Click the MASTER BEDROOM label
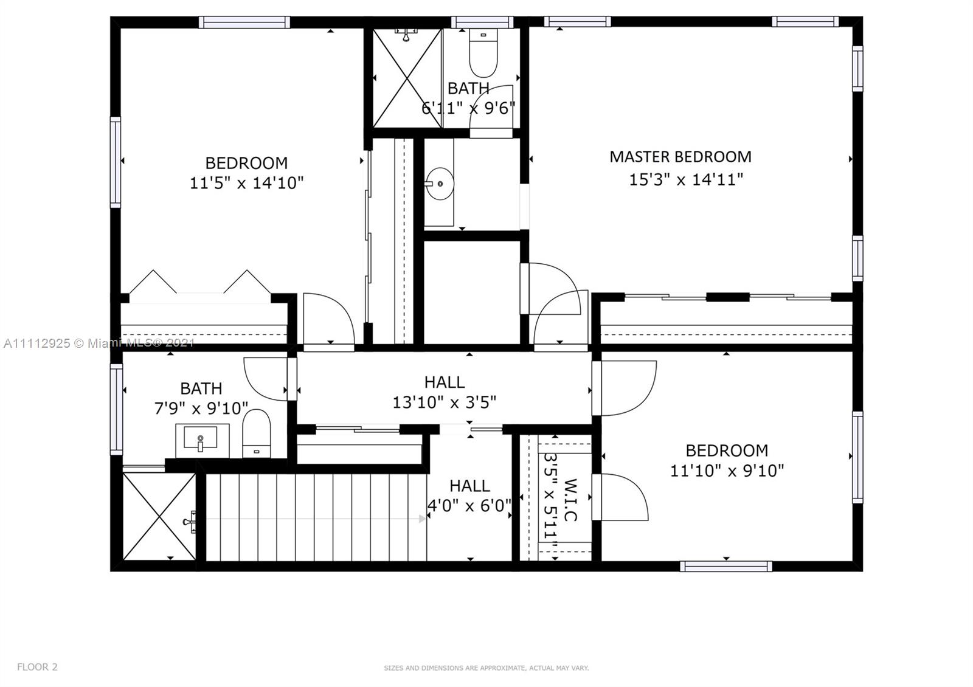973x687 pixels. coord(680,157)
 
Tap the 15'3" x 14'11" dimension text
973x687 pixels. coord(686,179)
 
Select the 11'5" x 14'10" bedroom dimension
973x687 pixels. coord(246,183)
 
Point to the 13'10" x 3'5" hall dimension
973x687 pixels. coord(444,402)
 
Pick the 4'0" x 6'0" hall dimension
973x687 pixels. coord(469,505)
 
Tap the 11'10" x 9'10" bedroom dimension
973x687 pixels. coord(727,471)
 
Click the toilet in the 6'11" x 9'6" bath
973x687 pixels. coord(483,54)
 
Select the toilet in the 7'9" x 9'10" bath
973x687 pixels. coord(256,433)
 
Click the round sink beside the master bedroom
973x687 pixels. coord(440,184)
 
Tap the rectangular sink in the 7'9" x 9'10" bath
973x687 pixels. coord(200,438)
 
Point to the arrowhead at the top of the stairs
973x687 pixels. coord(422,519)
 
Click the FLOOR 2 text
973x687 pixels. coord(37,666)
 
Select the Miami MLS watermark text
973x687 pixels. coord(99,343)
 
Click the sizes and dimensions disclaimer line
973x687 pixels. coord(486,668)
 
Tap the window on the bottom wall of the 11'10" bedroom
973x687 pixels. coord(726,566)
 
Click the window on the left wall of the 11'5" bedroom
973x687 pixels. coord(116,162)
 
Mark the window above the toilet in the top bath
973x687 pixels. coord(482,22)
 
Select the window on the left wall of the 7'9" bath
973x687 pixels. coord(116,410)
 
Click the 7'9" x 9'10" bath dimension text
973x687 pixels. coord(201,408)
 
